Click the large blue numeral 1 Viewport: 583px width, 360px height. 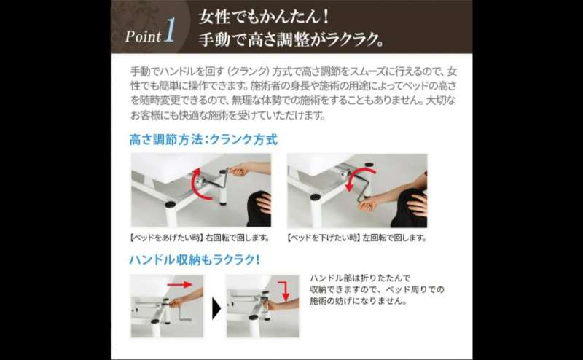coord(170,31)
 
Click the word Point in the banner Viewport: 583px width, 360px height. coord(143,36)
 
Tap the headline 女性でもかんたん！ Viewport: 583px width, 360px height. coord(264,17)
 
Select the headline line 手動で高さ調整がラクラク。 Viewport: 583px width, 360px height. coord(291,39)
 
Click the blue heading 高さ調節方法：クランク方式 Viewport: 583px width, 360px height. coord(203,139)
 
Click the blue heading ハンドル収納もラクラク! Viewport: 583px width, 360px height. coord(194,259)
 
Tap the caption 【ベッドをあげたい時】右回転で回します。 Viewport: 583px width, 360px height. coord(200,238)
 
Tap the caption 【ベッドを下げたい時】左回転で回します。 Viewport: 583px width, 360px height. coord(356,238)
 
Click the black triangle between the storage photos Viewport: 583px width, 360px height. coord(216,308)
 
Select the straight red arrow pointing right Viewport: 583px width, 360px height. coord(179,284)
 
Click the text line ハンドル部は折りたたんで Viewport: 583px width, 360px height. coord(360,278)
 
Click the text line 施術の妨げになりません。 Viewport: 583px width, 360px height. coord(359,300)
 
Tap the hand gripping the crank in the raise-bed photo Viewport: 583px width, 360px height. coord(238,171)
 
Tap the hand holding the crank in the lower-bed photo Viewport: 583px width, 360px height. coord(367,204)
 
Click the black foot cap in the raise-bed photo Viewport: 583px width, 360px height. coord(171,204)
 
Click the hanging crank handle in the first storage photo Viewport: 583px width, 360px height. coord(184,314)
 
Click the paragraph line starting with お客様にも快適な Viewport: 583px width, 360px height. coord(228,115)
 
